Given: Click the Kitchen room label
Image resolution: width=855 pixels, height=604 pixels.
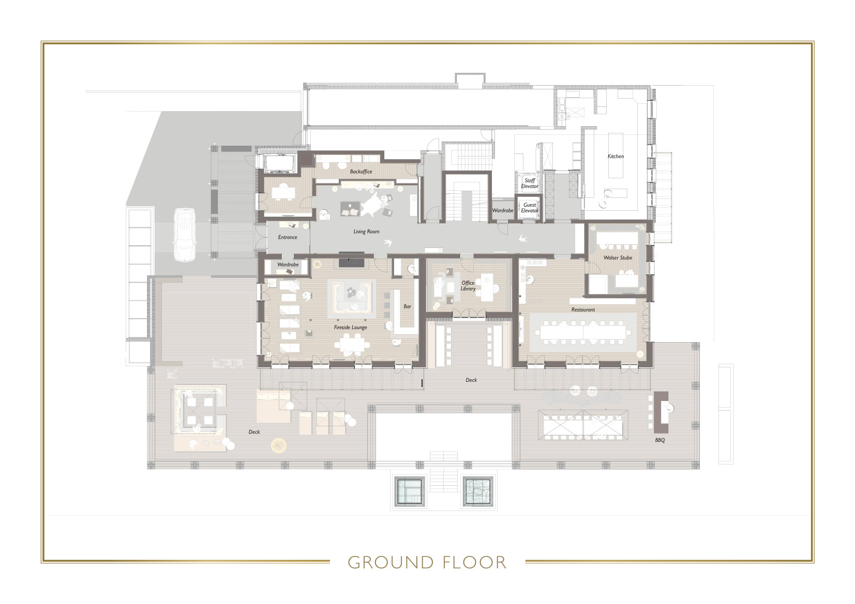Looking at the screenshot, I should (x=616, y=156).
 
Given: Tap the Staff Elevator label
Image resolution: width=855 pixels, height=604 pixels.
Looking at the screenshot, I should (x=530, y=183).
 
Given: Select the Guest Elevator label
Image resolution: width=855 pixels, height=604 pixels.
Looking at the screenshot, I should (x=530, y=208).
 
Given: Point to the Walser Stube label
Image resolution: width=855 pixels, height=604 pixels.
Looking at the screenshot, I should (x=618, y=257).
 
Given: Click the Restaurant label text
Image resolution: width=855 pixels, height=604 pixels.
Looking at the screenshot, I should (x=583, y=309).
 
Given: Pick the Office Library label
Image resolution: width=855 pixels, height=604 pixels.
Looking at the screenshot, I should (x=468, y=286).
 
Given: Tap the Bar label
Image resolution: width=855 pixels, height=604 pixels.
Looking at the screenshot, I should (x=408, y=306).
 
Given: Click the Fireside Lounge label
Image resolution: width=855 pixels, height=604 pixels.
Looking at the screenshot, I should (x=350, y=327).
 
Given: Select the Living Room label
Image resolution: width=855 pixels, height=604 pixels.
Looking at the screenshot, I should (x=366, y=231).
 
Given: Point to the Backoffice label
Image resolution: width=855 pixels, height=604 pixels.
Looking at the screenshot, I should (x=361, y=172).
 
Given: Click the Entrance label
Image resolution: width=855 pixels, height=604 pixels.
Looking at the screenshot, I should (x=288, y=237).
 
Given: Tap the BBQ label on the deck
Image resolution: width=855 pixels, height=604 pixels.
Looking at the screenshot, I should (x=659, y=440).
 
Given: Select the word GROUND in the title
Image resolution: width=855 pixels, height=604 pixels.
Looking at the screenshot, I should (x=391, y=562).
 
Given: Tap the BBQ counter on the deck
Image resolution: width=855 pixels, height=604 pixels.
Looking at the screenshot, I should (x=661, y=412).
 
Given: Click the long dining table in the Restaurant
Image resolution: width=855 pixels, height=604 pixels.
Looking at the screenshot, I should (x=583, y=331).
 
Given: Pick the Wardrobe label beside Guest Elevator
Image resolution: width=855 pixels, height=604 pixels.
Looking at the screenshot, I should (x=502, y=210).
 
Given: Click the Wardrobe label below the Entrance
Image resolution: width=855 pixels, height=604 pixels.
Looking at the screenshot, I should (x=288, y=265).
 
